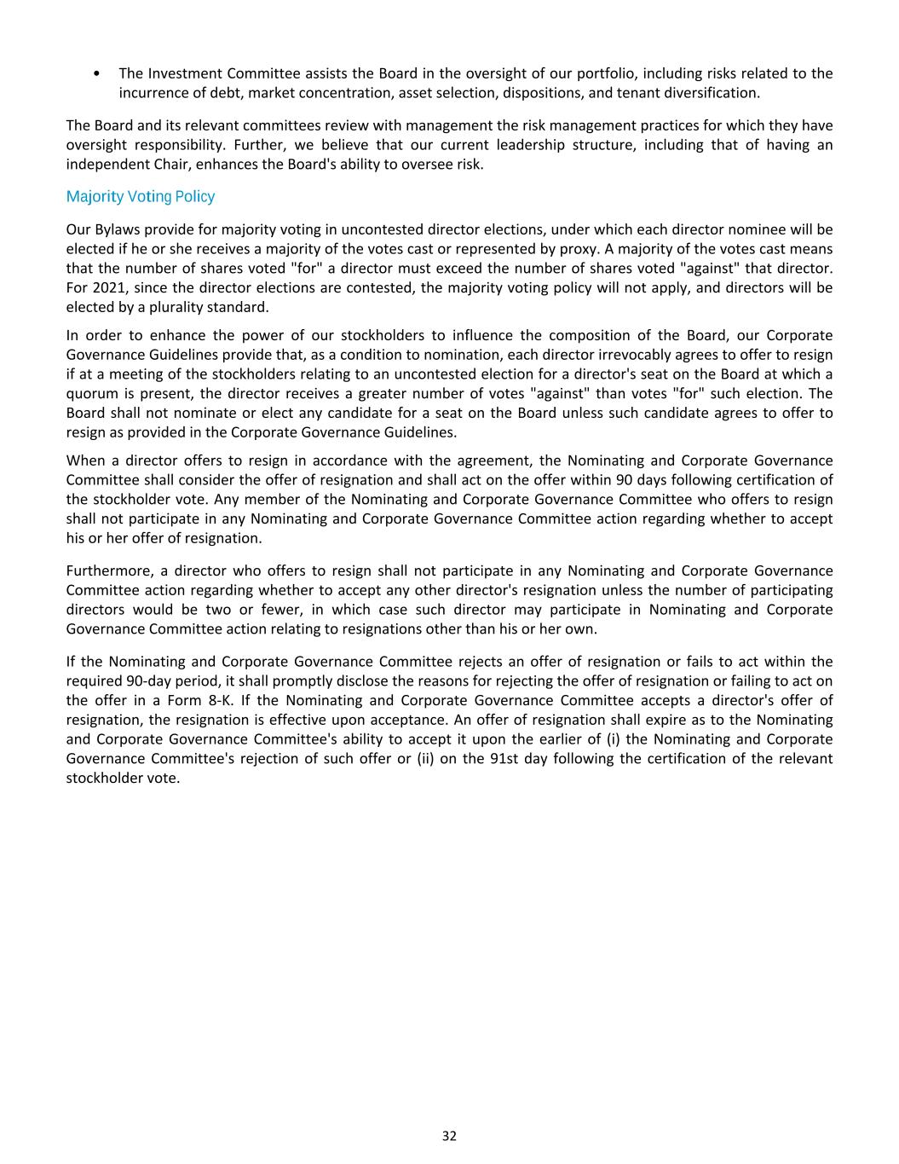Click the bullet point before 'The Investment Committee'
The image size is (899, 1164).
98,73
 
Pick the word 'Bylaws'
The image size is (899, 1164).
117,229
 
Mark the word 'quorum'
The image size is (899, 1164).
91,393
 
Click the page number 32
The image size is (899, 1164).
449,1136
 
